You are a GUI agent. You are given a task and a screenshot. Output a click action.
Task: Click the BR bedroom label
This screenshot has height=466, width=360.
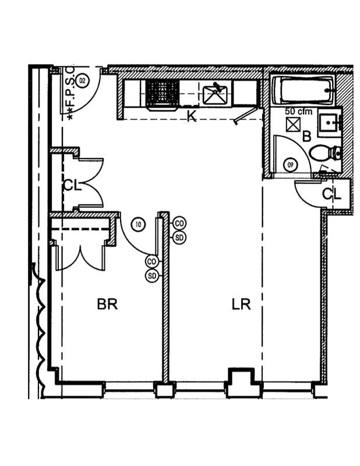pos(108,304)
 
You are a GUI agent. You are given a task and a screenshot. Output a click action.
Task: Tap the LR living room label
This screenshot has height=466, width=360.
pos(241,304)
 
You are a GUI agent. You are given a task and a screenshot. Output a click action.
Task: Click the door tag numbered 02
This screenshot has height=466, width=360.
pos(83,80)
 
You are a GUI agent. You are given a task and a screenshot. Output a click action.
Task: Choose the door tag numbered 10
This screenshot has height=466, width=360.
pos(138,223)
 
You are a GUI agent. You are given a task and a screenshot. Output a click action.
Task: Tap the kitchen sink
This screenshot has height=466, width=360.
pos(216,93)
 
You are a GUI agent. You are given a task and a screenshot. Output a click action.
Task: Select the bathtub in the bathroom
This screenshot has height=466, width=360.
pos(303,90)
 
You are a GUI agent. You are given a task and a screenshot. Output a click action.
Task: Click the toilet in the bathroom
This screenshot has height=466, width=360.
pos(326,153)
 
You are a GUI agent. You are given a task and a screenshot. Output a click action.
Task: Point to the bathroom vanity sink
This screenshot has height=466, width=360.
pos(330,122)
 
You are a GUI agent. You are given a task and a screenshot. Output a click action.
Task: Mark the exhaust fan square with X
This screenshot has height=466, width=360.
pos(292,124)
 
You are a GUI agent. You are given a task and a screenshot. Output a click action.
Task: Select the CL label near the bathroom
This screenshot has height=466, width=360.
pos(331,194)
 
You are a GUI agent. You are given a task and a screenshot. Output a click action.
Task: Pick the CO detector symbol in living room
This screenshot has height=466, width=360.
pos(179,223)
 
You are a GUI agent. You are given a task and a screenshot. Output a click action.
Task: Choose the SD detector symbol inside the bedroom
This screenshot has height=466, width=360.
pos(153,276)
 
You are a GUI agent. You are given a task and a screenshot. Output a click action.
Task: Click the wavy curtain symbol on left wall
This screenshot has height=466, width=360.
pos(41,320)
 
